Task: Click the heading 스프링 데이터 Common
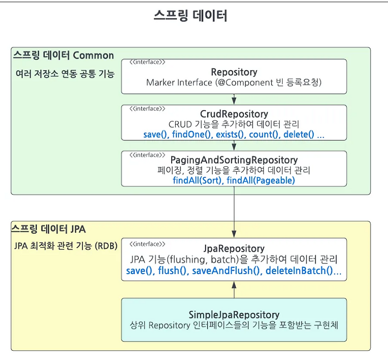point(64,55)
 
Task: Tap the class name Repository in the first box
point(234,72)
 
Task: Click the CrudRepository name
point(234,115)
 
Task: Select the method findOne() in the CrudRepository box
point(192,134)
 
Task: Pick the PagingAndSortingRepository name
point(234,160)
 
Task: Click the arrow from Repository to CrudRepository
point(234,99)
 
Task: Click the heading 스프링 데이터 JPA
point(48,228)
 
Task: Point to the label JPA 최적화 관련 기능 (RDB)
point(66,246)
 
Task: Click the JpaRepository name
point(234,249)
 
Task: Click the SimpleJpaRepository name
point(234,314)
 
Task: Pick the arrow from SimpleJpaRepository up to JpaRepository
point(234,290)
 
